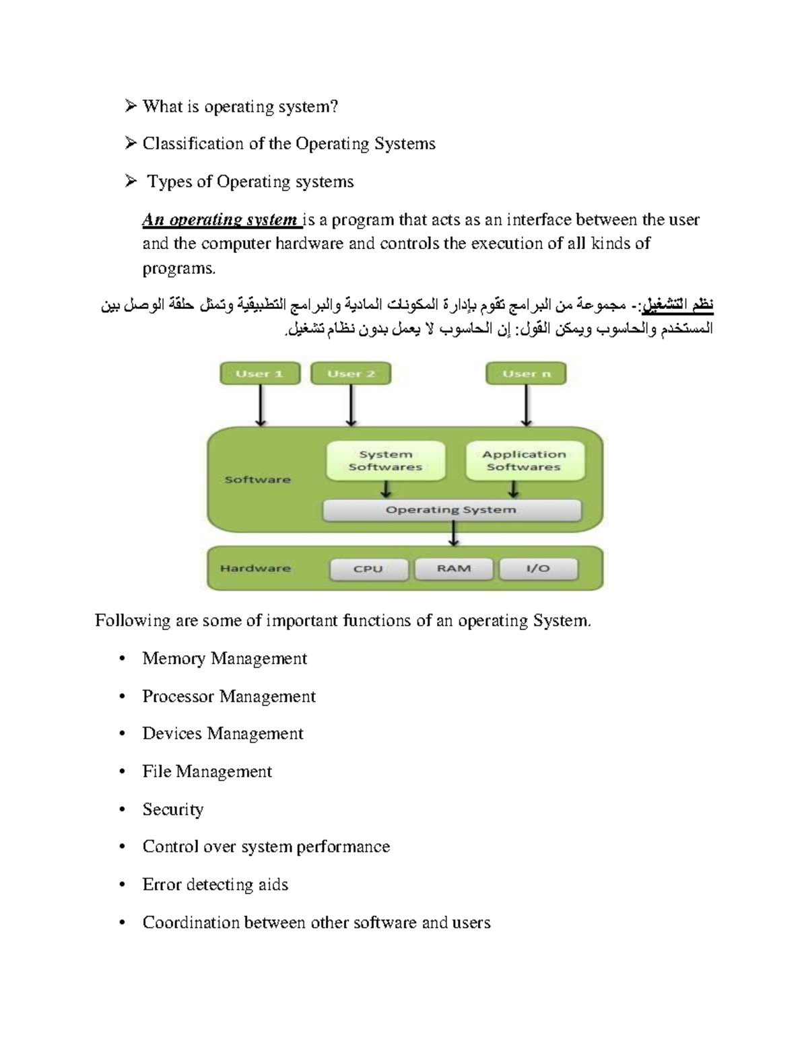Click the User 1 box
pyautogui.click(x=260, y=373)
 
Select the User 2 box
pyautogui.click(x=351, y=373)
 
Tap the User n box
pyautogui.click(x=526, y=373)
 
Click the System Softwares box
pyautogui.click(x=385, y=461)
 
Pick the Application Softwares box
pyautogui.click(x=524, y=461)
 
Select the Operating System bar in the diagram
pyautogui.click(x=451, y=510)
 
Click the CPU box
pyautogui.click(x=368, y=569)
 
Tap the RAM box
pyautogui.click(x=453, y=569)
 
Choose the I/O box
pyautogui.click(x=538, y=569)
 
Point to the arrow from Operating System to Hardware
pyautogui.click(x=454, y=534)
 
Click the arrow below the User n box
pyautogui.click(x=527, y=406)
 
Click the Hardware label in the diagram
pyautogui.click(x=255, y=569)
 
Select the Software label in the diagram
pyautogui.click(x=257, y=480)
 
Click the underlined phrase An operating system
pyautogui.click(x=220, y=220)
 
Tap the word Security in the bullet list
pyautogui.click(x=173, y=809)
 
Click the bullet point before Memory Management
pyautogui.click(x=122, y=659)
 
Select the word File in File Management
pyautogui.click(x=156, y=772)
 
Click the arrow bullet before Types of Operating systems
pyautogui.click(x=131, y=182)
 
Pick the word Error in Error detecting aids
pyautogui.click(x=162, y=885)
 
